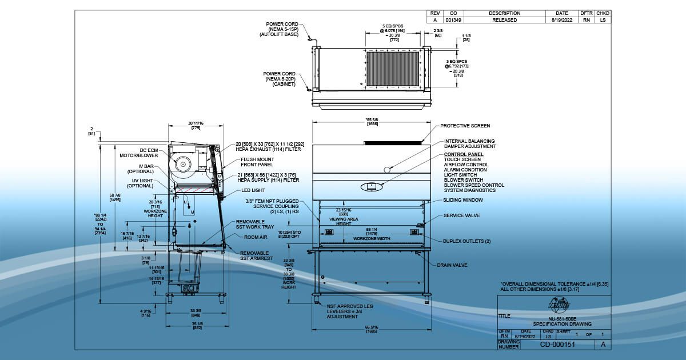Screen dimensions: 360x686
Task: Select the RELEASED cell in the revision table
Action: coord(505,20)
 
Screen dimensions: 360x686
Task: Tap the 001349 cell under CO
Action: coord(453,20)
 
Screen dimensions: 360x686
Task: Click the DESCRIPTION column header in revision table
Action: coord(505,13)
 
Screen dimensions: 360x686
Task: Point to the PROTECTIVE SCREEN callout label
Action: coord(465,126)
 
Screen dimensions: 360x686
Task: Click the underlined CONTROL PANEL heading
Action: coord(464,154)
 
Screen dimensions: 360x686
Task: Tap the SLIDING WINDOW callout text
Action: coord(463,201)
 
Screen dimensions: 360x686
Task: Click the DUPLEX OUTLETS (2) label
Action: coord(467,241)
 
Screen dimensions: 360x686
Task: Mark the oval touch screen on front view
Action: coord(370,186)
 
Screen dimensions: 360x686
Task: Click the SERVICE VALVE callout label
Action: coord(462,215)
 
